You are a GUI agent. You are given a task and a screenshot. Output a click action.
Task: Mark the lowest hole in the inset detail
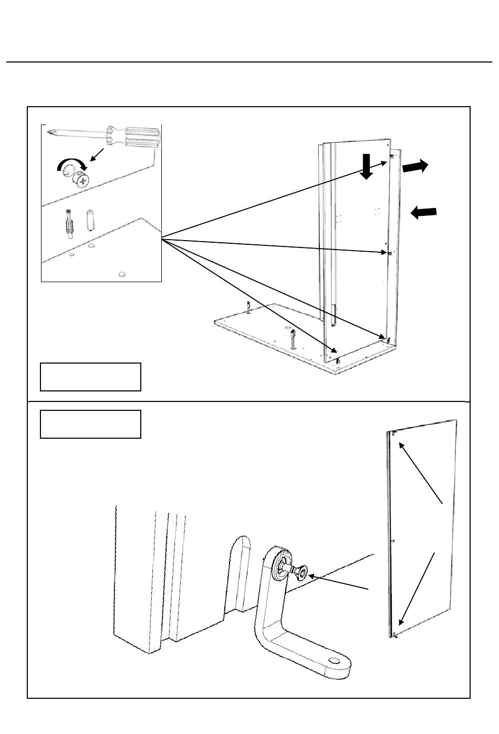[x=122, y=273]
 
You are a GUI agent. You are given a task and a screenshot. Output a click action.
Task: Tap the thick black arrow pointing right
[x=415, y=167]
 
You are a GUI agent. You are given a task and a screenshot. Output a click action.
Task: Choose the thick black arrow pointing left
[x=424, y=212]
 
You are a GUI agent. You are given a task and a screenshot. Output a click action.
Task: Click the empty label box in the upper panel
[x=90, y=376]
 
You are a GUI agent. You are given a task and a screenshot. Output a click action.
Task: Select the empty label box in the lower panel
[x=90, y=424]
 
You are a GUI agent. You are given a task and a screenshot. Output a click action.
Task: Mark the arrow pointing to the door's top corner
[x=421, y=473]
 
